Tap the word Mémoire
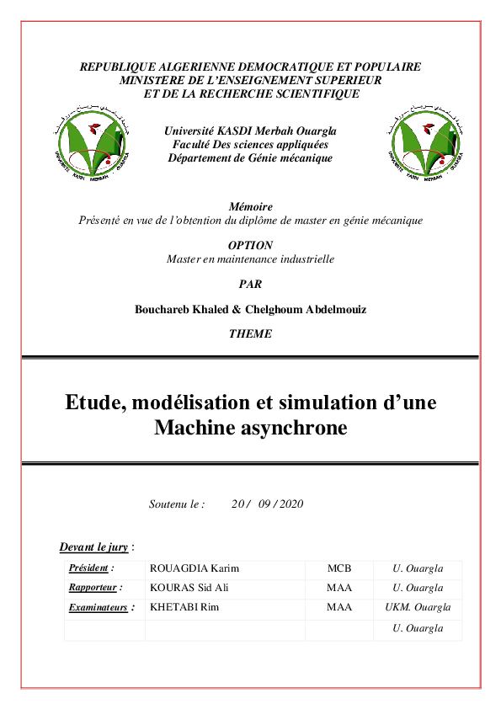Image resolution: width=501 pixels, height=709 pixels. pos(250,206)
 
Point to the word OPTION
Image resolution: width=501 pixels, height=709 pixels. pos(250,245)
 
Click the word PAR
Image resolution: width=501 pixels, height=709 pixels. pos(250,284)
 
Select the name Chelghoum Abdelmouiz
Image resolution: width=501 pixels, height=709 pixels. pos(312,309)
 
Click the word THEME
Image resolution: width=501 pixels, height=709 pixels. pos(250,333)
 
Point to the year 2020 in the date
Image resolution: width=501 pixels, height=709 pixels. pos(290,504)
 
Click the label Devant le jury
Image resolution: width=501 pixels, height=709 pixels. pos(94,547)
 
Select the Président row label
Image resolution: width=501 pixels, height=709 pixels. pos(91,568)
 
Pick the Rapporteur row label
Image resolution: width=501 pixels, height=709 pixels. pos(95,588)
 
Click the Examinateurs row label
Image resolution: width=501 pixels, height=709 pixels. pos(101,607)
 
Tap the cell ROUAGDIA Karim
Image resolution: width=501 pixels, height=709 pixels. pos(195,568)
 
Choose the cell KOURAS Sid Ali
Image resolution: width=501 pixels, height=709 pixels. pos(189,588)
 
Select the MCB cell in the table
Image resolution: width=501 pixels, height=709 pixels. pos(338,568)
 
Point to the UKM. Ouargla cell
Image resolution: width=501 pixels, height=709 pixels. pos(418,607)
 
